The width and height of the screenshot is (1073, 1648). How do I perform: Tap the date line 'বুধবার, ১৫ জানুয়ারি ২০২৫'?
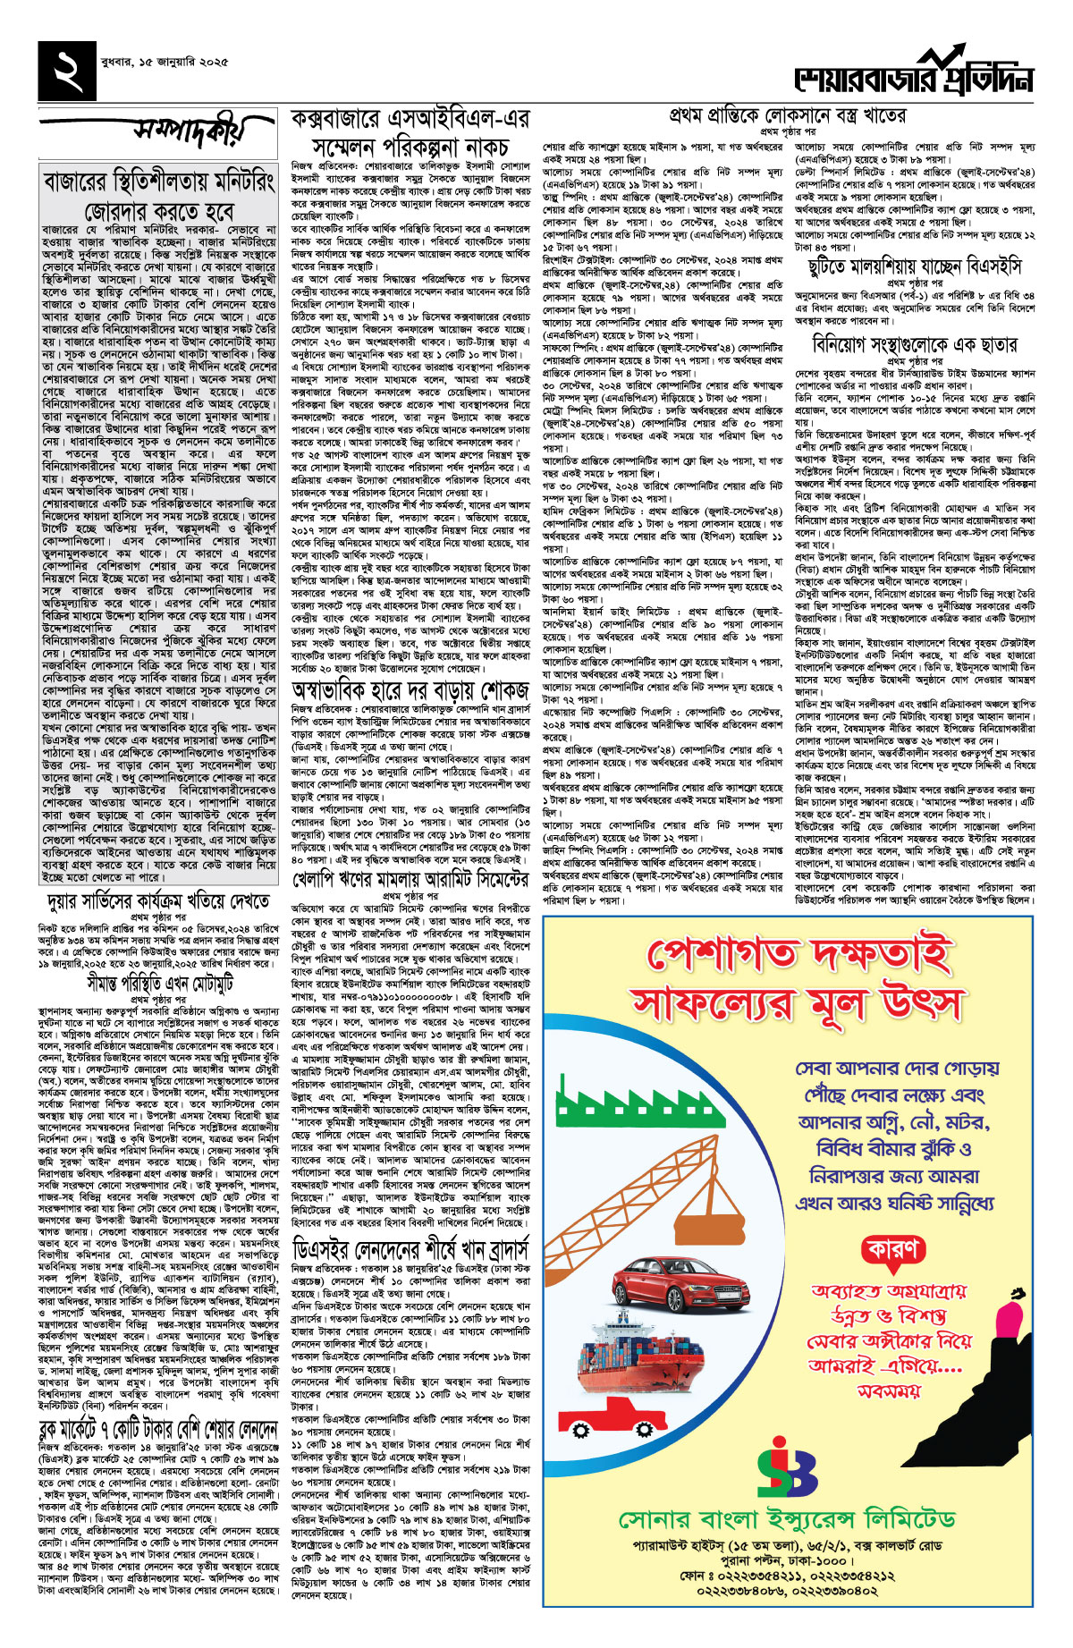(x=171, y=63)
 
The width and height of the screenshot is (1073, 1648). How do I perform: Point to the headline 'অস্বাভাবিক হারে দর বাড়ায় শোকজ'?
(x=410, y=691)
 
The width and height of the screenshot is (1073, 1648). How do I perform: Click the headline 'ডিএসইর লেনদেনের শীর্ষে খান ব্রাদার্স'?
(x=410, y=1247)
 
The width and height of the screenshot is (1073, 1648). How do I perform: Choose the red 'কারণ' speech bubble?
(x=891, y=1249)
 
